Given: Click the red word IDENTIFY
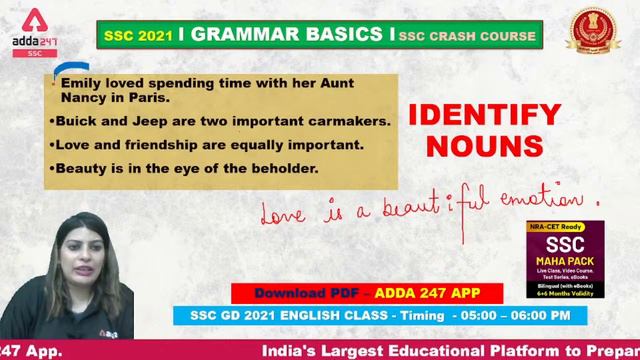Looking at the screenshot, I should click(485, 115).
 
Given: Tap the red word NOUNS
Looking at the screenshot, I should click(485, 147).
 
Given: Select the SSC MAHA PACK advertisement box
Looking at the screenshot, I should click(565, 257).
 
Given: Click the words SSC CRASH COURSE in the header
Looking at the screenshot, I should click(468, 36).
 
